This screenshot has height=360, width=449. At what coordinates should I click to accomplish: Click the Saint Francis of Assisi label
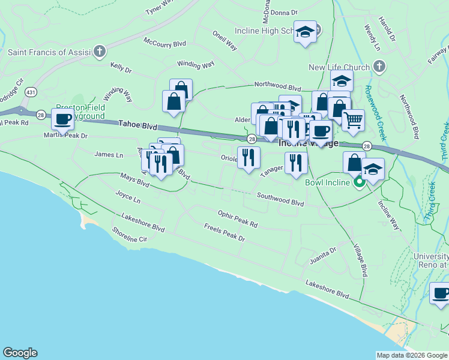pyautogui.click(x=49, y=52)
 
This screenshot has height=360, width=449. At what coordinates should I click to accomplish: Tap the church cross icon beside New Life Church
pyautogui.click(x=379, y=66)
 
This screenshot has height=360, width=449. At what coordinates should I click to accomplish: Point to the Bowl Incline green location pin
pyautogui.click(x=360, y=181)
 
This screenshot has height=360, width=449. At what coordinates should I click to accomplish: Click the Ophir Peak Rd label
pyautogui.click(x=238, y=219)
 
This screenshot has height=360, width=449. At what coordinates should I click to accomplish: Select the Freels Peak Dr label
pyautogui.click(x=224, y=233)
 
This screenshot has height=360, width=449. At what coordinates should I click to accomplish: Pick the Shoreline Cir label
pyautogui.click(x=129, y=235)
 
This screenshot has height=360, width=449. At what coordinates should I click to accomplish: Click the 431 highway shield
pyautogui.click(x=30, y=92)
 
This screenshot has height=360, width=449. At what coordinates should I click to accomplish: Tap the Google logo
pyautogui.click(x=20, y=353)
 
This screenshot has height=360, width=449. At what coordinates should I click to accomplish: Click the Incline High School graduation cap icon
pyautogui.click(x=306, y=32)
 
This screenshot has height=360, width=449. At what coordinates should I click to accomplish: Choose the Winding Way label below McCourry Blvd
pyautogui.click(x=195, y=64)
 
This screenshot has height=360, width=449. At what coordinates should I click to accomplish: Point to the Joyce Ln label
pyautogui.click(x=127, y=197)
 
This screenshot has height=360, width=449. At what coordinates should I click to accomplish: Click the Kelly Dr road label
pyautogui.click(x=121, y=70)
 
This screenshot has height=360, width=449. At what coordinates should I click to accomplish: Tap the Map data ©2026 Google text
pyautogui.click(x=411, y=355)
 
